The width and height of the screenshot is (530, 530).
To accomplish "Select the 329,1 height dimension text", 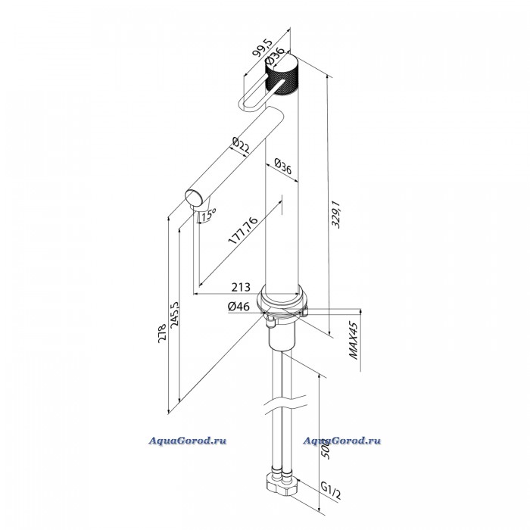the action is [336, 214].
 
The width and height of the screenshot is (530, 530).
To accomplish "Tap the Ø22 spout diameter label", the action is [241, 145].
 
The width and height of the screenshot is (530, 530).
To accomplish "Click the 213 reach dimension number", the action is [241, 287].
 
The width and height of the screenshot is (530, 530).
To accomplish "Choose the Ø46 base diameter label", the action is [238, 306].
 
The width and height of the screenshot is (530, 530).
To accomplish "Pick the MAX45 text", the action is [354, 341].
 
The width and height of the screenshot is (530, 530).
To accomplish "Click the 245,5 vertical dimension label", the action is [175, 313].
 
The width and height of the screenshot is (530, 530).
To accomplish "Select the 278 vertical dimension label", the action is [162, 333].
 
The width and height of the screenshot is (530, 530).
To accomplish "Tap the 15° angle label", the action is [208, 214].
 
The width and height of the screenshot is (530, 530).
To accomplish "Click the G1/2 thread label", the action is [331, 490].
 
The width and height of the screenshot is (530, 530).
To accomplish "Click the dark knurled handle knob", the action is [282, 74].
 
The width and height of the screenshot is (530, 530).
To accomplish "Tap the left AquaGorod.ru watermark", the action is [188, 441].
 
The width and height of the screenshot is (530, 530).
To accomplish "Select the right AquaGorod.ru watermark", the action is [342, 441].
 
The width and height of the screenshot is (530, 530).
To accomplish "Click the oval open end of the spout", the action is [193, 198].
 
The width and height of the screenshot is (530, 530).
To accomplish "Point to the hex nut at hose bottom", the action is [282, 484].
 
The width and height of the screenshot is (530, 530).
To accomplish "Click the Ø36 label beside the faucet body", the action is [282, 166].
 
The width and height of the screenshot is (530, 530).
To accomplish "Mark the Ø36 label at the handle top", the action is [275, 55].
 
